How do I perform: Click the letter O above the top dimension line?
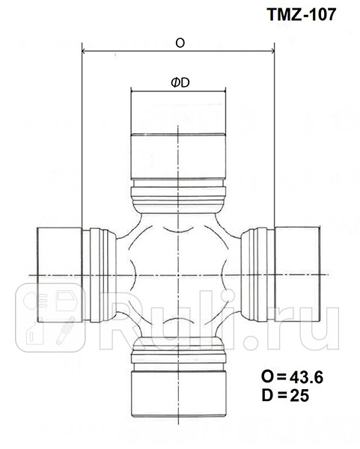[x=180, y=43]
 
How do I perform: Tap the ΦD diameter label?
[x=179, y=83]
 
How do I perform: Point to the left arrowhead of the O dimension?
[x=83, y=52]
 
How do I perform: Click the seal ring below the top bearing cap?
[x=179, y=196]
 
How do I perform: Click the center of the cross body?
[x=179, y=274]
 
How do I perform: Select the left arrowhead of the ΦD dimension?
[x=133, y=92]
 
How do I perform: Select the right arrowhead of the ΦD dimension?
[x=225, y=92]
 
